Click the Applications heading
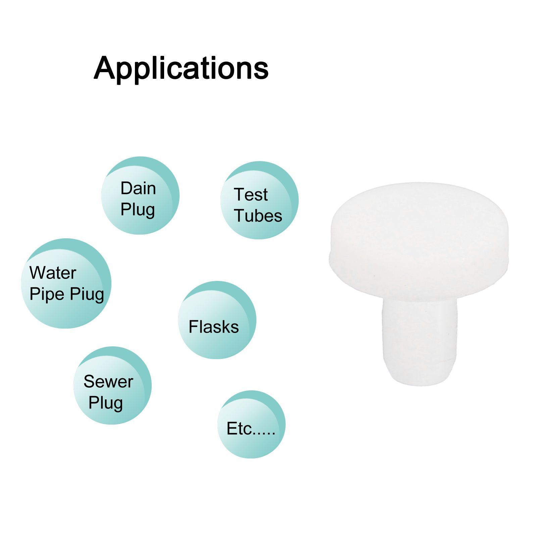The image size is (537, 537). tap(181, 69)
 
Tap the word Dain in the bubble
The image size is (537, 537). tap(138, 188)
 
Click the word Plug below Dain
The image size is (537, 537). tap(138, 210)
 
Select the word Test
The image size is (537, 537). tap(251, 195)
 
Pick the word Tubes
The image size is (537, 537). tap(258, 215)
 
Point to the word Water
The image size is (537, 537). tap(53, 273)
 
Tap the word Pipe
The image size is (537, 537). tap(47, 294)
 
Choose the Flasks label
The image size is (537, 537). tap(214, 327)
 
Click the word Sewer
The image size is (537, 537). tap(108, 382)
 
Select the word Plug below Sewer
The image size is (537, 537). tap(106, 403)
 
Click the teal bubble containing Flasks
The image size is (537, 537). tap(217, 320)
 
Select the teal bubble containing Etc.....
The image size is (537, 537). tap(251, 424)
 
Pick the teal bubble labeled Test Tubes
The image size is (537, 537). tap(259, 200)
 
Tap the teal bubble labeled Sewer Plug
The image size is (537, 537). tap(112, 385)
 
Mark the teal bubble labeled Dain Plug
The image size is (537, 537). tap(140, 195)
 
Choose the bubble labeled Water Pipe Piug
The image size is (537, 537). tap(66, 283)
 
